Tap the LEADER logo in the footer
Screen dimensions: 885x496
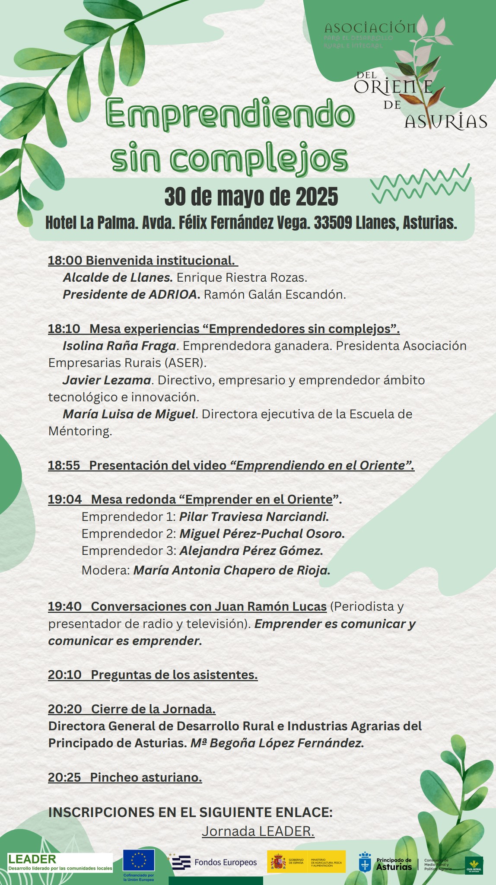[60, 862]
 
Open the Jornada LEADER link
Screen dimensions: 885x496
[258, 831]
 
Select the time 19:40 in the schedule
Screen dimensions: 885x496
[65, 606]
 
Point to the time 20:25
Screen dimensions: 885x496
[65, 777]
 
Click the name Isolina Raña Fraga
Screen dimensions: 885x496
[119, 346]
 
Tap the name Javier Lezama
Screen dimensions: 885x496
[107, 380]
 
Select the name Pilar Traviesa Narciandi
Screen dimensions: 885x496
[254, 516]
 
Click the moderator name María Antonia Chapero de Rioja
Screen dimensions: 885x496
[232, 570]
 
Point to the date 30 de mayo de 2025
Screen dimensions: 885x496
[251, 197]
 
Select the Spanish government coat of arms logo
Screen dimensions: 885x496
[278, 862]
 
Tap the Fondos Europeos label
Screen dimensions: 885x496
[226, 863]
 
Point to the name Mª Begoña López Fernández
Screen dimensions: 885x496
[277, 743]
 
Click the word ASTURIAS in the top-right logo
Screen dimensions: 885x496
[446, 122]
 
